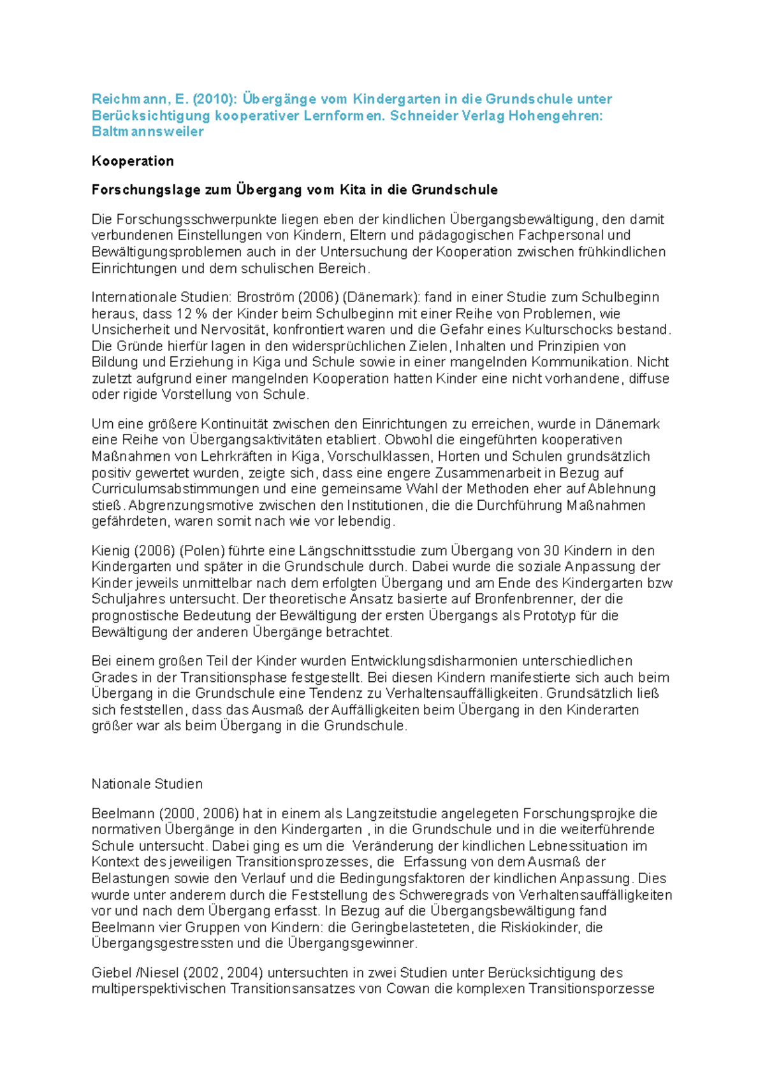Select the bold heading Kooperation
(x=133, y=161)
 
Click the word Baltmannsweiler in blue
(x=147, y=132)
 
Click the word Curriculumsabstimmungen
(x=175, y=489)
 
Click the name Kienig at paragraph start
(x=110, y=551)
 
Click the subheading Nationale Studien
(x=147, y=784)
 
